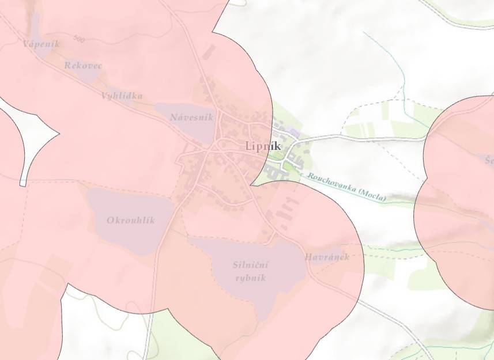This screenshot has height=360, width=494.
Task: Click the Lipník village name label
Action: [x=263, y=146]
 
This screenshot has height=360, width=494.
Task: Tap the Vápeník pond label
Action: [x=41, y=44]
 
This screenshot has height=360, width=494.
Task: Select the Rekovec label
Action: [x=83, y=66]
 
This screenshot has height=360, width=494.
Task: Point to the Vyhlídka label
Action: [x=122, y=96]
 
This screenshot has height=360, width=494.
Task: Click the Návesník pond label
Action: [x=191, y=118]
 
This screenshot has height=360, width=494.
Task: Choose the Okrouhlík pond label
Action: [x=131, y=220]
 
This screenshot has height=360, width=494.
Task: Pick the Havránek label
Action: [x=327, y=257]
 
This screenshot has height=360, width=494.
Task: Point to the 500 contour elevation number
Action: [x=79, y=39]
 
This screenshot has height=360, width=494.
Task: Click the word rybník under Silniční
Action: [x=251, y=278]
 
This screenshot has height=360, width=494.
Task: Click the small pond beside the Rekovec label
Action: [x=86, y=75]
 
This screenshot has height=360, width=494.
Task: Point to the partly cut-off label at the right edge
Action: [x=489, y=160]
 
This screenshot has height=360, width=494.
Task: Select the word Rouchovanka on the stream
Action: [x=331, y=181]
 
